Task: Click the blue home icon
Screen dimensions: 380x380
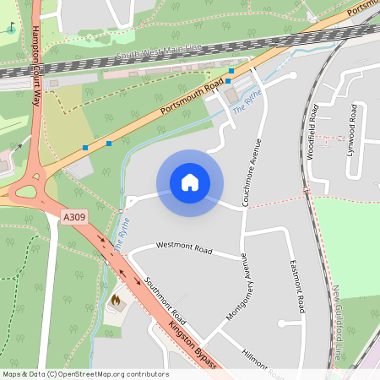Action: coord(190,182)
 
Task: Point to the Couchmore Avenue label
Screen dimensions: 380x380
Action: coord(250,173)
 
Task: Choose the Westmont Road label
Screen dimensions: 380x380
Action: coord(185,249)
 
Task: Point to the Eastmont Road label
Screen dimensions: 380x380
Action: coord(296,286)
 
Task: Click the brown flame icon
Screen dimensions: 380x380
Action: coord(116,300)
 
